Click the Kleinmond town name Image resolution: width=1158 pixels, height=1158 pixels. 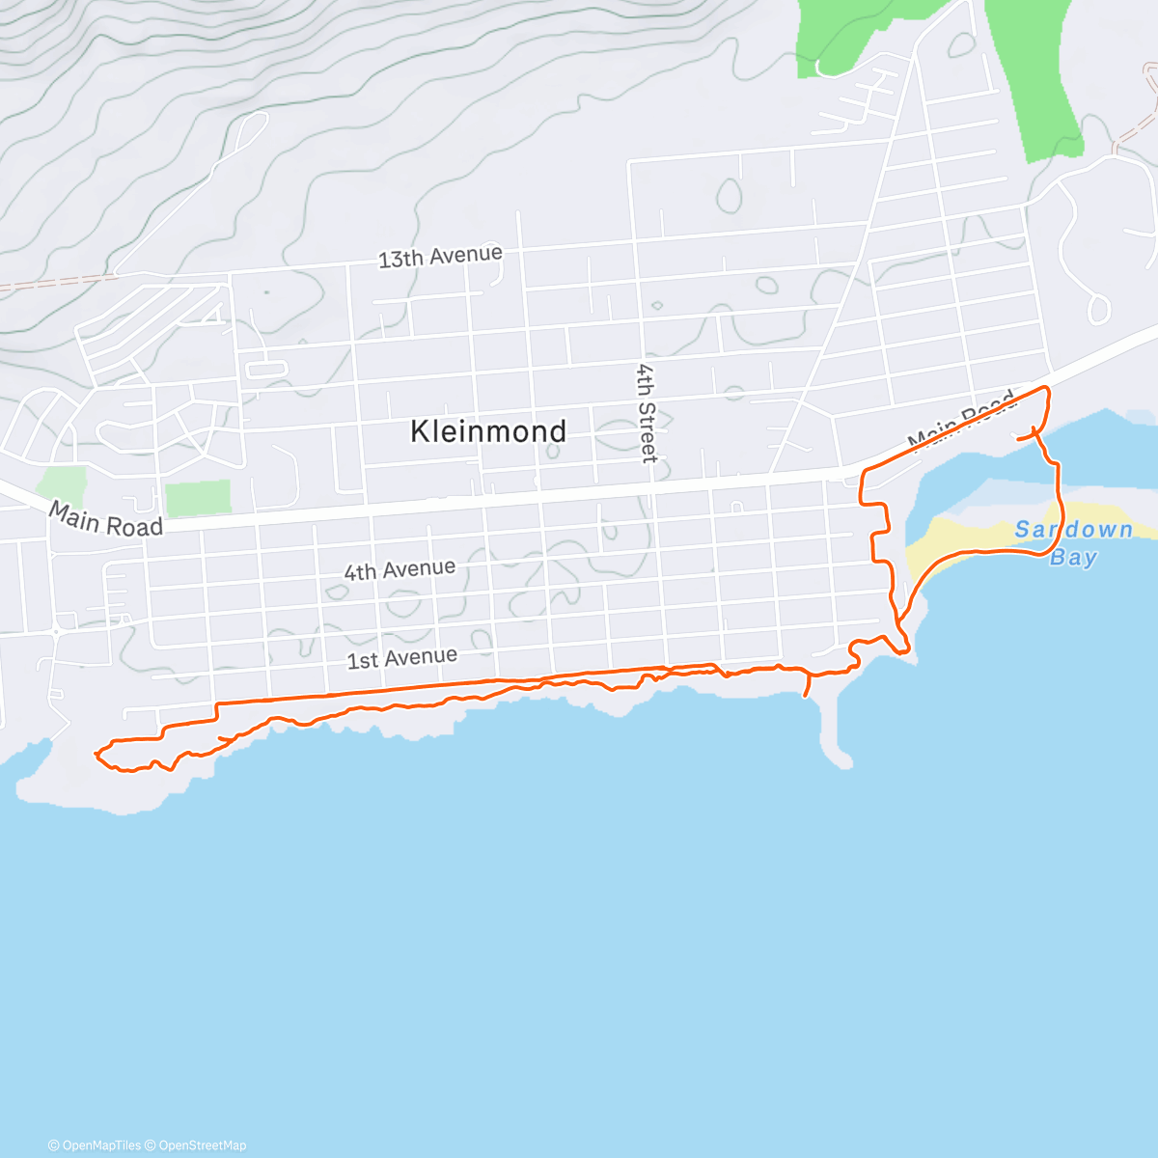pyautogui.click(x=488, y=431)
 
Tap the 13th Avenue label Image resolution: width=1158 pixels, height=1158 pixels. pyautogui.click(x=440, y=257)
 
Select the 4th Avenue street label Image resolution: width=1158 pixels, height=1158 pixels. pyautogui.click(x=400, y=570)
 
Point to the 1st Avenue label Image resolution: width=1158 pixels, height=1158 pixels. pyautogui.click(x=402, y=659)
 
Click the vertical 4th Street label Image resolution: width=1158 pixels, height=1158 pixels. pyautogui.click(x=646, y=413)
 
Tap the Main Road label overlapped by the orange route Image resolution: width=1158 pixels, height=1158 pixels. pyautogui.click(x=961, y=421)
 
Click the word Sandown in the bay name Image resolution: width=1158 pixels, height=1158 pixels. pyautogui.click(x=1073, y=530)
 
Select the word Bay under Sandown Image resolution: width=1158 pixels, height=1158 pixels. pyautogui.click(x=1073, y=558)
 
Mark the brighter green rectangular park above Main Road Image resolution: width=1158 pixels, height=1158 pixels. pyautogui.click(x=198, y=498)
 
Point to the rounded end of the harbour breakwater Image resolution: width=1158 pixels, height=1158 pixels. pyautogui.click(x=842, y=760)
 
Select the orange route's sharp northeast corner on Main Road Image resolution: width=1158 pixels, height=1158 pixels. pyautogui.click(x=1046, y=388)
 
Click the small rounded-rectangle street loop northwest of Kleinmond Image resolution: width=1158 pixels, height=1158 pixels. pyautogui.click(x=267, y=369)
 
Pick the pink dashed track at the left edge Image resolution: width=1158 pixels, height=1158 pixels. pyautogui.click(x=48, y=283)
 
